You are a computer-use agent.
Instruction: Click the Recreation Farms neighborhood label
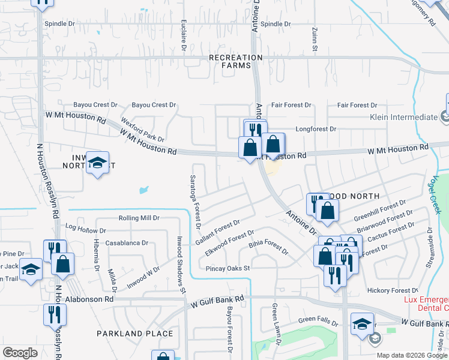coord(235,61)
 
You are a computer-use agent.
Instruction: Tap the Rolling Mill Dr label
coord(139,218)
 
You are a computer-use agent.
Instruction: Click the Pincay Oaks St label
coord(228,268)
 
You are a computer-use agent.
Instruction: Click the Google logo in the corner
coord(20,353)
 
